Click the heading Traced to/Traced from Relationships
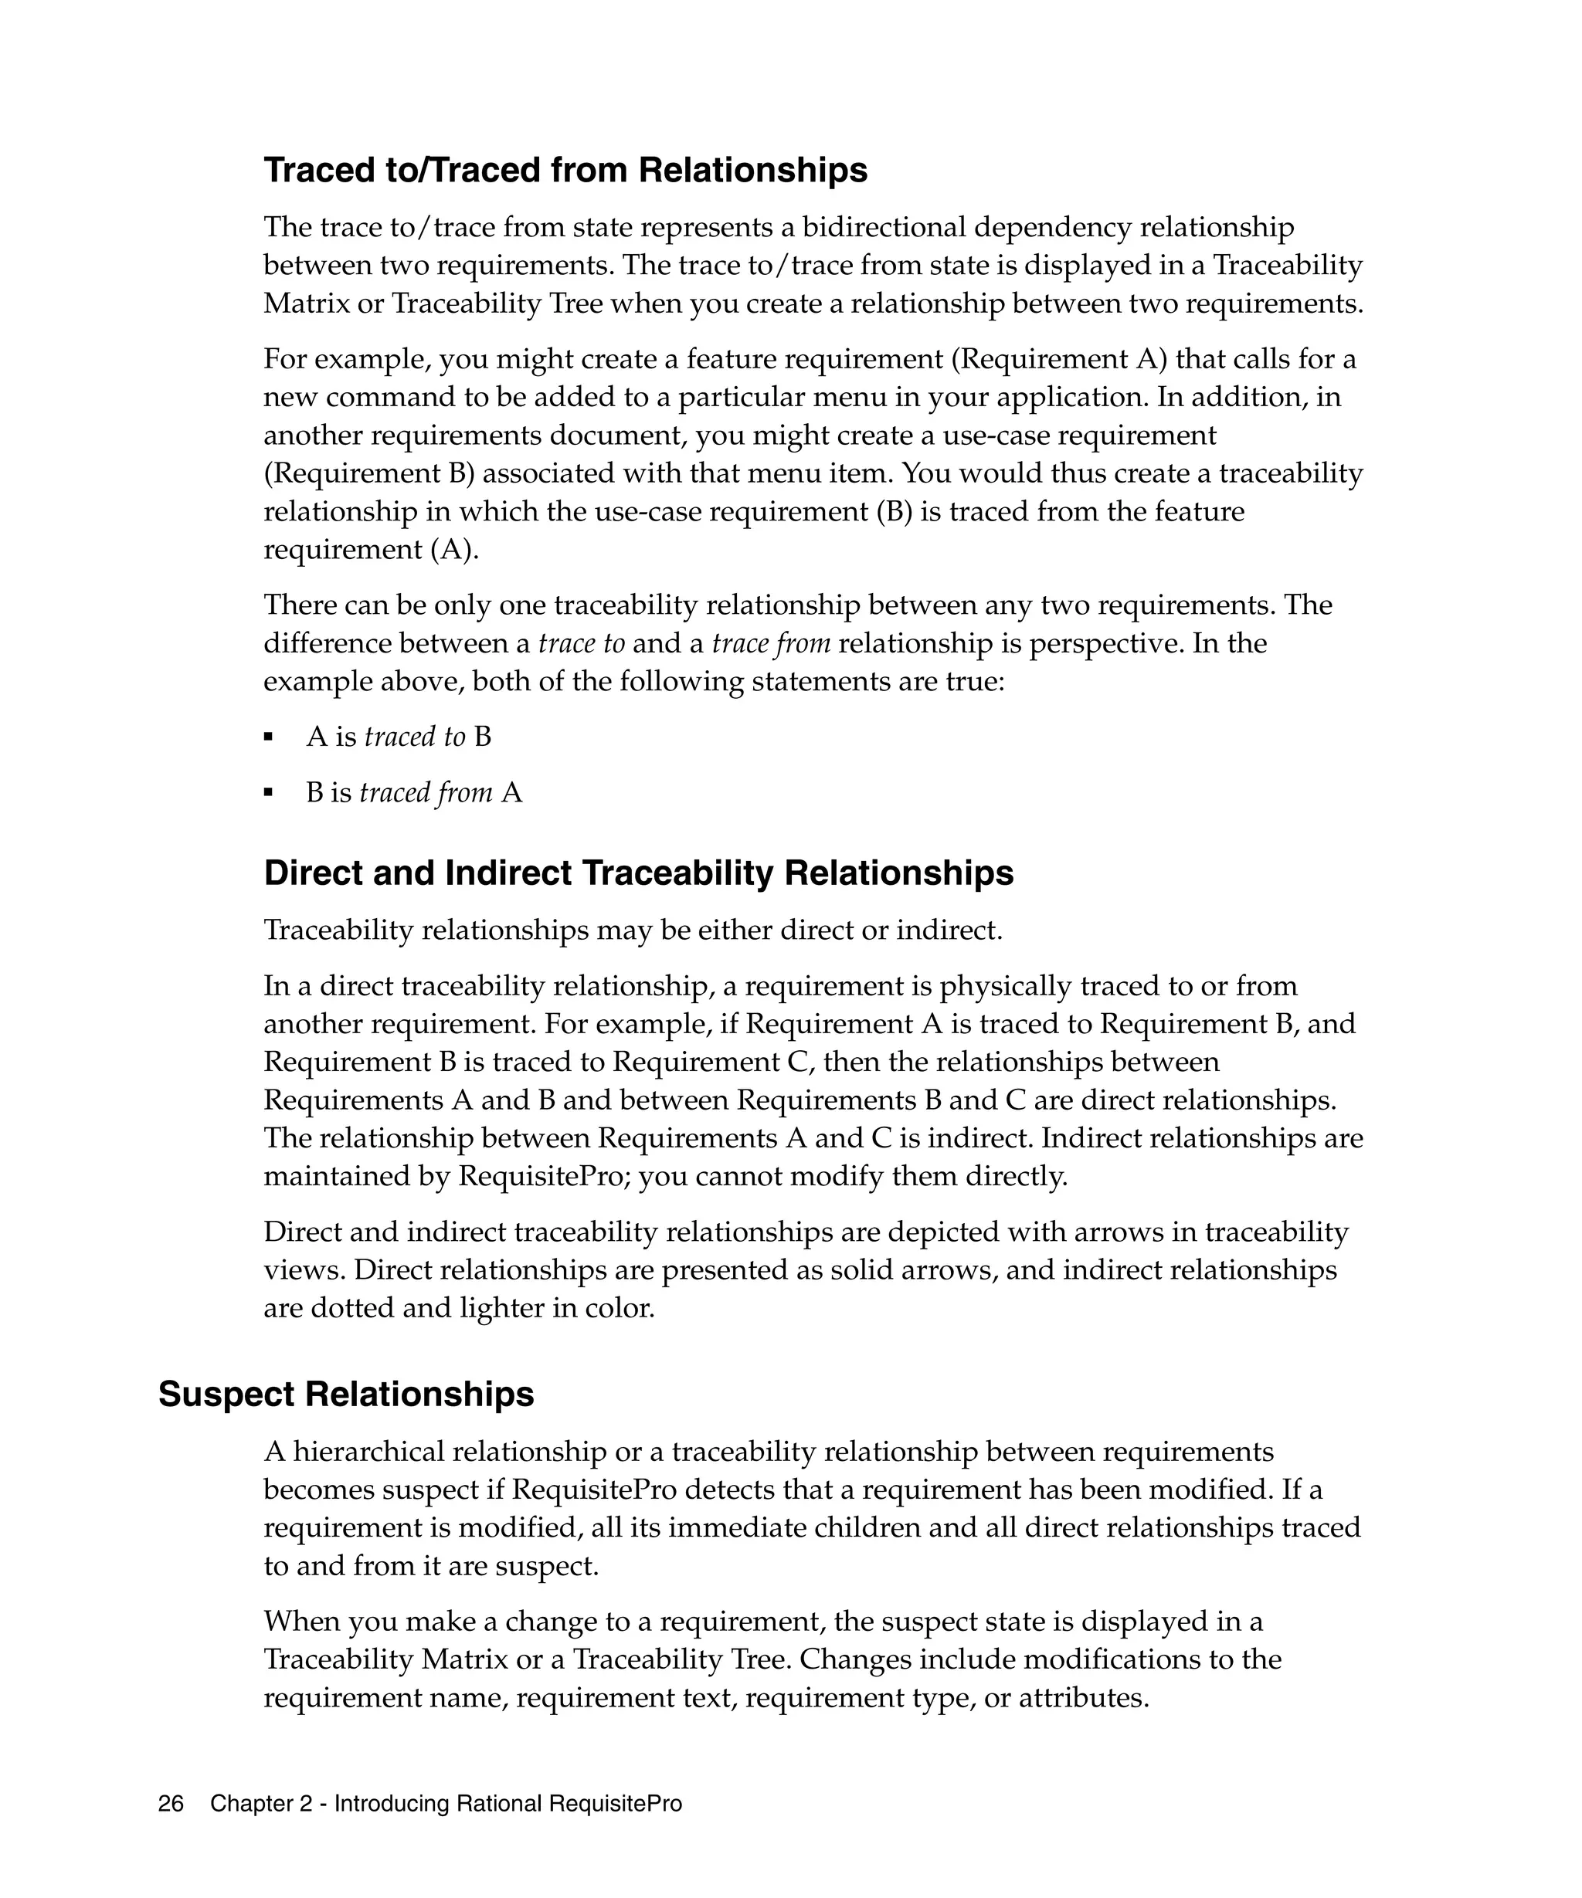click(x=565, y=171)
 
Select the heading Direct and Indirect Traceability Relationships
click(x=638, y=873)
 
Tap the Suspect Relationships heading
click(x=346, y=1395)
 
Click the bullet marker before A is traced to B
click(x=269, y=738)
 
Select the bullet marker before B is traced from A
click(x=269, y=795)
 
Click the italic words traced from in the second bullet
click(x=426, y=794)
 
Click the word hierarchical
click(x=368, y=1452)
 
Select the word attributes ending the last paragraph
click(x=1083, y=1698)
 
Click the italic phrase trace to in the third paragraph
click(x=581, y=643)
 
